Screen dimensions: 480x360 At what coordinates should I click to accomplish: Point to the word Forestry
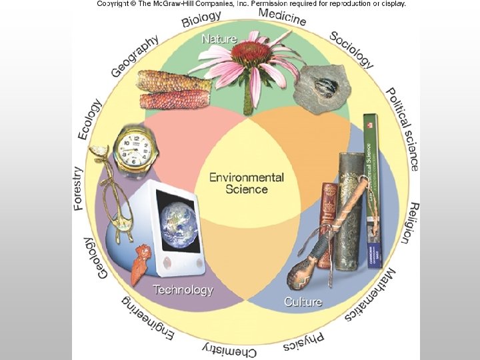[79, 189]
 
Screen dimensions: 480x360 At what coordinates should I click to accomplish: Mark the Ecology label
[91, 119]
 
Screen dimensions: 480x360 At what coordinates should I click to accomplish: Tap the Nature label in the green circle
[219, 39]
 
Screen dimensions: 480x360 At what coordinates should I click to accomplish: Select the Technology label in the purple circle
[183, 289]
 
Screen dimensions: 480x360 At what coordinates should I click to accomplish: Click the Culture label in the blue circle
[303, 301]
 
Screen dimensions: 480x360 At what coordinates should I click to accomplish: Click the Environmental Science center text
[247, 183]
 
